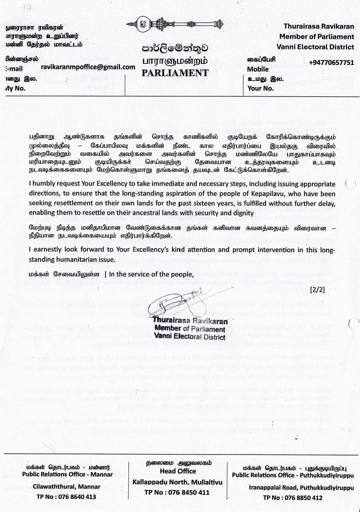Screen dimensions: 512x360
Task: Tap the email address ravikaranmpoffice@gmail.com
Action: pyautogui.click(x=88, y=67)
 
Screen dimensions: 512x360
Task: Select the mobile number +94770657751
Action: pyautogui.click(x=331, y=62)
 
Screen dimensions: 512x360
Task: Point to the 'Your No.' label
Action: pyautogui.click(x=260, y=88)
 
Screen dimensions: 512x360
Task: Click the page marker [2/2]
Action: pyautogui.click(x=317, y=289)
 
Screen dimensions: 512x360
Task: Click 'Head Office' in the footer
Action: pyautogui.click(x=177, y=471)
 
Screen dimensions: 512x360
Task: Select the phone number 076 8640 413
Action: pyautogui.click(x=72, y=497)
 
